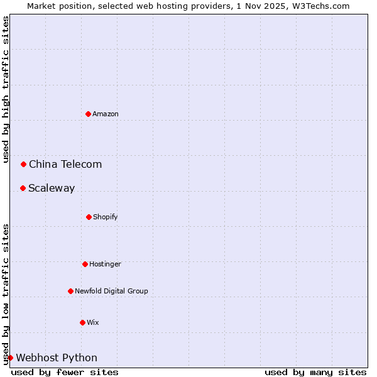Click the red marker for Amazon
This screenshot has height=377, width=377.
click(89, 114)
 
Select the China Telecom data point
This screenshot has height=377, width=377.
click(24, 164)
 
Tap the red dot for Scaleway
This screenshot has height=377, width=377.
click(23, 188)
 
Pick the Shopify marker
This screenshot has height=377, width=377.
click(89, 217)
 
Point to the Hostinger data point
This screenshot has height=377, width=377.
click(85, 264)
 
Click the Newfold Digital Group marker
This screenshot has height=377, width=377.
click(70, 291)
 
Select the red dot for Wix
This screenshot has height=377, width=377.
click(82, 322)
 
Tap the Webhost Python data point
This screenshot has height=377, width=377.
click(10, 358)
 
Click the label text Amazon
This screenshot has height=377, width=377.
click(106, 114)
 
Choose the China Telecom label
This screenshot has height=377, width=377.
click(65, 164)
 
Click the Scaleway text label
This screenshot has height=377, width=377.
click(52, 188)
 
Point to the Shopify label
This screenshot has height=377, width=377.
click(106, 217)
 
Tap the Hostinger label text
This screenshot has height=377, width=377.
click(105, 264)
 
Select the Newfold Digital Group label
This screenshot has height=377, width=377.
click(111, 291)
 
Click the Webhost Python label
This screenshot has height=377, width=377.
click(57, 358)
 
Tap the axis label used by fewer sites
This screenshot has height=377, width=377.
click(65, 372)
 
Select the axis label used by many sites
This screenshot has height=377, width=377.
click(315, 372)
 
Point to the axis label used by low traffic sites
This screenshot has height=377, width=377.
click(6, 294)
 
